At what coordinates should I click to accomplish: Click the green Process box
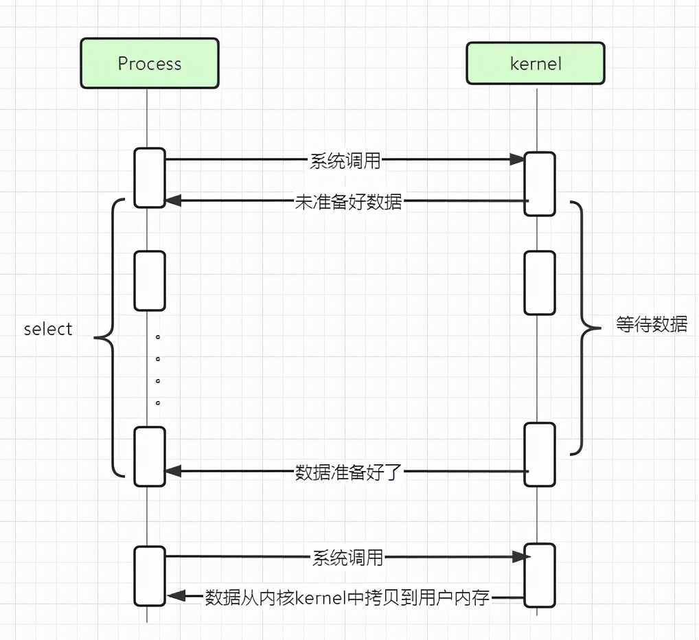(150, 63)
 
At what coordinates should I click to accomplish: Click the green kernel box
(536, 63)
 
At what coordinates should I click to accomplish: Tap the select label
(48, 329)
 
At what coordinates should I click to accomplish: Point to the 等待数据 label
(651, 325)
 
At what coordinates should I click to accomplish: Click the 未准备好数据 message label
(348, 202)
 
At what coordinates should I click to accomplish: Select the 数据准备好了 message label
(347, 472)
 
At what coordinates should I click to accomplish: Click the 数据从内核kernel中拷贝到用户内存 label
(347, 597)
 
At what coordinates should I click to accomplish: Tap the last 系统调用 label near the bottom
(347, 557)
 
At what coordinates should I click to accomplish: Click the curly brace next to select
(110, 337)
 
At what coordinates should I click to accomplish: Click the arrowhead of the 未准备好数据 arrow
(172, 201)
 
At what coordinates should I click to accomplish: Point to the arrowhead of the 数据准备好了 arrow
(172, 472)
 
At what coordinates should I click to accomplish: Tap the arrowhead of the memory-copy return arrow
(174, 597)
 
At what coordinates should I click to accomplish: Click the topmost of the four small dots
(157, 338)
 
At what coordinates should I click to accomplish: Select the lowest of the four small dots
(157, 402)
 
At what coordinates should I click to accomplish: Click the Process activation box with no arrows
(150, 281)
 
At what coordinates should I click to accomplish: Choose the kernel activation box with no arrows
(539, 283)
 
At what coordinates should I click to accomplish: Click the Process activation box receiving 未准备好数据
(150, 177)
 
